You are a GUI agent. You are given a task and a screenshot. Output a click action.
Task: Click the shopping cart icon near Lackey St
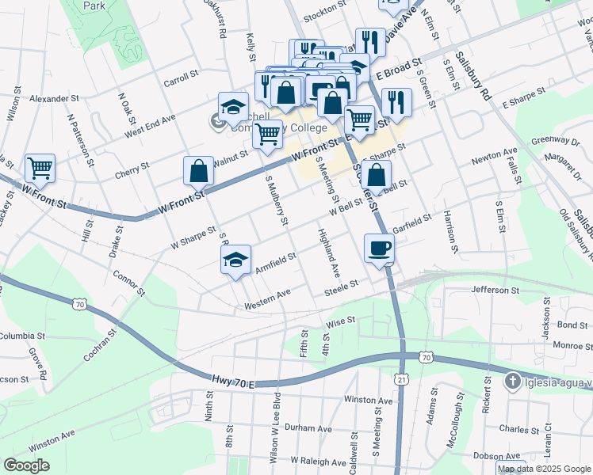[40, 168]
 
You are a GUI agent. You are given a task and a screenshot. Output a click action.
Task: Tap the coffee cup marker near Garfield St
[378, 248]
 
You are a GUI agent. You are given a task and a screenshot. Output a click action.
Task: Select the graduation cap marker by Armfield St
[235, 260]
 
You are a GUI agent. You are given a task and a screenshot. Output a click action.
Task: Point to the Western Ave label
[267, 304]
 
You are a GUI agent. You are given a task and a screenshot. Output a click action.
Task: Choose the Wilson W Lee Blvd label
[274, 427]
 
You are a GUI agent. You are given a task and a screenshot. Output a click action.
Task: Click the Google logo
[26, 465]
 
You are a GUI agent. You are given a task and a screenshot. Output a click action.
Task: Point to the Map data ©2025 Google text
[544, 469]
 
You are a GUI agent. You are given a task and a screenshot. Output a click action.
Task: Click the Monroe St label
[572, 346]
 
